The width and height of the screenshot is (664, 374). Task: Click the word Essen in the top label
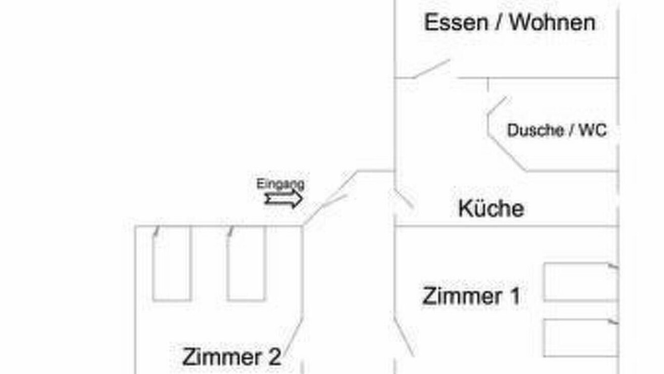tap(456, 22)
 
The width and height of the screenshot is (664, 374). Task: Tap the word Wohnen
tap(552, 22)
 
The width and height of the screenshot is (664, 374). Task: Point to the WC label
tap(593, 130)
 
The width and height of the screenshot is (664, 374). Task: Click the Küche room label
tap(491, 208)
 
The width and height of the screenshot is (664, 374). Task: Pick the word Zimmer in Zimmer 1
tap(462, 296)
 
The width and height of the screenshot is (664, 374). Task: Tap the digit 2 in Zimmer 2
tap(274, 357)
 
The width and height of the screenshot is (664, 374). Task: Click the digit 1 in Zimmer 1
tap(515, 296)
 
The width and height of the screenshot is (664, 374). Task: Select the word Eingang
tap(281, 184)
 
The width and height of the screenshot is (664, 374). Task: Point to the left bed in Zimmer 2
tap(172, 263)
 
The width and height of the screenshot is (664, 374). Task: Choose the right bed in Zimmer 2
tap(246, 263)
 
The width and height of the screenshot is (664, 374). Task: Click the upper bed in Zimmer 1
tap(581, 282)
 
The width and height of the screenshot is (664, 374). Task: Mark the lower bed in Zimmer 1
tap(581, 338)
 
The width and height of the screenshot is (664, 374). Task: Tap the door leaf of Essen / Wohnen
tap(432, 69)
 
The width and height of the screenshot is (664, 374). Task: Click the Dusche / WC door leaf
tap(497, 105)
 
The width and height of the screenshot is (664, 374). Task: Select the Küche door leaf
tap(403, 198)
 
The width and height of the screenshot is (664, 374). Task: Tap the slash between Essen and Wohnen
tap(499, 22)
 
